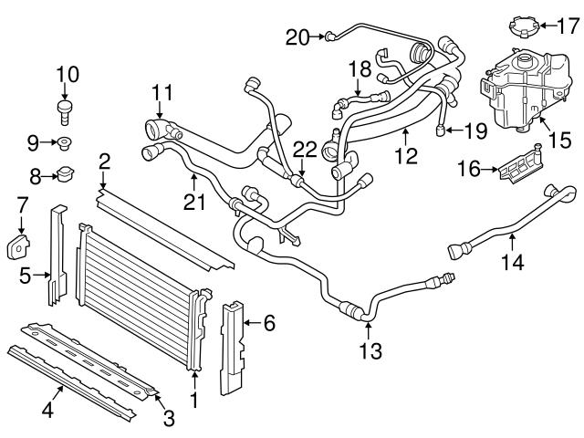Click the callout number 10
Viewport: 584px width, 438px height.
68,72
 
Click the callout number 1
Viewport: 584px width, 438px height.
193,401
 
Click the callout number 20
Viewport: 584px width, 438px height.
297,36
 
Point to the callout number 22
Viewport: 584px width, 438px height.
305,149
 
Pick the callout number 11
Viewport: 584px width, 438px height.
162,92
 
